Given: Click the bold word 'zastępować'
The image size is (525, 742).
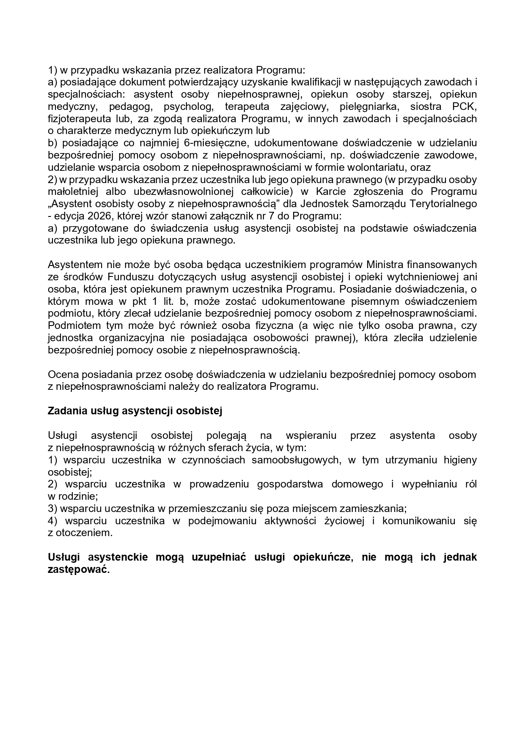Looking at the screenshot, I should coord(77,570).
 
